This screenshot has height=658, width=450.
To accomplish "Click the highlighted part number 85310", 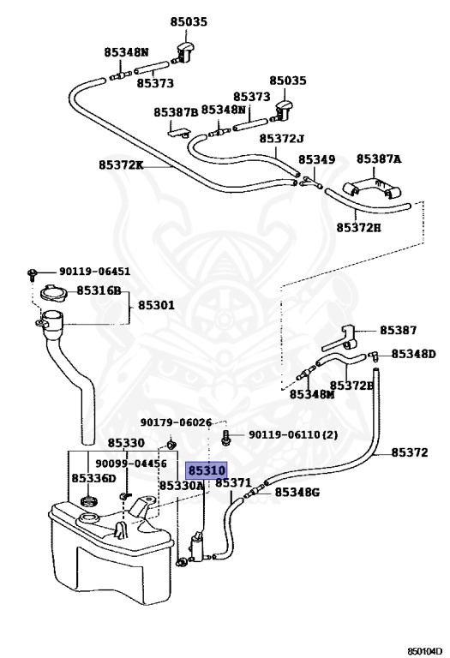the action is (207, 470).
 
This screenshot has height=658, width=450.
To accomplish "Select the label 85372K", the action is (121, 164).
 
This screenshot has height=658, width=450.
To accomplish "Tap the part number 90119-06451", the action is (95, 272).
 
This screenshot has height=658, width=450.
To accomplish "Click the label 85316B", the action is (99, 290).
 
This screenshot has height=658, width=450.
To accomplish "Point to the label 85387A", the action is (379, 159).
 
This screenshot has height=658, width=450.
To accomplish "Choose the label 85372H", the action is (358, 227).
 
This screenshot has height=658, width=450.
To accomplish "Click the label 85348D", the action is (414, 354).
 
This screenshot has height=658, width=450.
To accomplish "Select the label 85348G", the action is (297, 492).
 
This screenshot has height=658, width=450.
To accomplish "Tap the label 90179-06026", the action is (177, 422).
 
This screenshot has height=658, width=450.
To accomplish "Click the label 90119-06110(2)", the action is (293, 434).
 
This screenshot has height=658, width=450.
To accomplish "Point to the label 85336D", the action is (93, 478).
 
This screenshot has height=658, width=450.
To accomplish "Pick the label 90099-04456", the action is (131, 464).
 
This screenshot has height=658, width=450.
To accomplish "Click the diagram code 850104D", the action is (425, 651).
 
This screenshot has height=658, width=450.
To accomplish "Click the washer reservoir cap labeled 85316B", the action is (52, 292).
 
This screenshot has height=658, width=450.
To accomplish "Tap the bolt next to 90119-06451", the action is (31, 274).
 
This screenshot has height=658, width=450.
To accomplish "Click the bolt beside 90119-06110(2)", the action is (225, 437).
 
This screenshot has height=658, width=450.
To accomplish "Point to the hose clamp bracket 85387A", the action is (371, 188).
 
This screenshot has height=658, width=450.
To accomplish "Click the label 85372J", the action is (282, 138).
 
